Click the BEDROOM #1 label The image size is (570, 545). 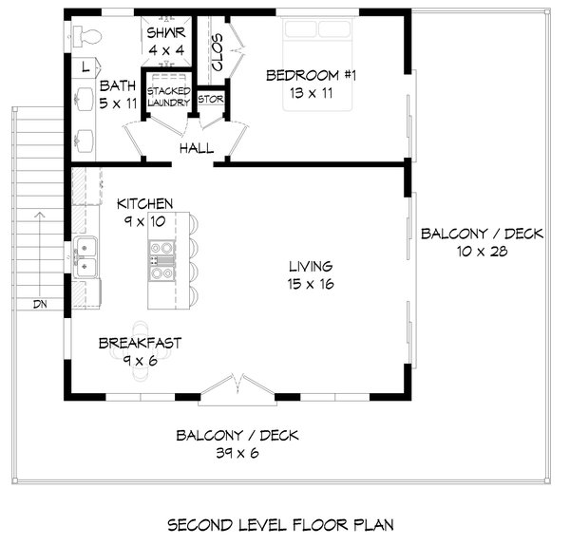point(310,76)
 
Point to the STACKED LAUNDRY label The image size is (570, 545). point(167,97)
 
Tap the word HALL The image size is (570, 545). point(196,147)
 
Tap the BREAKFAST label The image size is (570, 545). point(142,343)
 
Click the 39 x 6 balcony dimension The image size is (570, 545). point(237,454)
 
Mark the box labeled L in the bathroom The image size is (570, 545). point(85,67)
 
